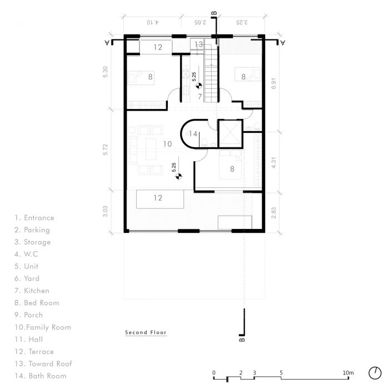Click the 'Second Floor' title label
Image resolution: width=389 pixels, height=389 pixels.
[146, 332]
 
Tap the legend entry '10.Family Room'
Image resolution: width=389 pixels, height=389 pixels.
[43, 327]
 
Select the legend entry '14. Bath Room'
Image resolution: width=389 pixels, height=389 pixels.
[41, 376]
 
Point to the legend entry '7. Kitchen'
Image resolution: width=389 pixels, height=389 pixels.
[32, 291]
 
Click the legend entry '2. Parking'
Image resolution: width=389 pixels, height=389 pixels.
[32, 230]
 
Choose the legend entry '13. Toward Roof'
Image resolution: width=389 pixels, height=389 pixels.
[43, 363]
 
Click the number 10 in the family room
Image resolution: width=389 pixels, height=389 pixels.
[167, 144]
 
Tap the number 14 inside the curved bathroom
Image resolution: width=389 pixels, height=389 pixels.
[193, 134]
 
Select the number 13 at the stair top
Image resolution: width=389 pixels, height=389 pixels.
[198, 44]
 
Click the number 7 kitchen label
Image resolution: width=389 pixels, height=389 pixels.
[200, 97]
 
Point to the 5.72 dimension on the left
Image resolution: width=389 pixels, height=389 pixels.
[106, 149]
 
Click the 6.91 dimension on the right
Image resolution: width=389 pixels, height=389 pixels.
[273, 83]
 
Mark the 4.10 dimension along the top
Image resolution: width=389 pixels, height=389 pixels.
[153, 22]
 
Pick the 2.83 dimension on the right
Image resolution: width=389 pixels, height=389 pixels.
[273, 213]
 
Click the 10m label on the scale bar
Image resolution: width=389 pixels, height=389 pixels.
[348, 373]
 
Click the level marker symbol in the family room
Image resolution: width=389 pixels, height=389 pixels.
[178, 176]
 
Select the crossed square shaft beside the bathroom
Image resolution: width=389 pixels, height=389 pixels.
[231, 134]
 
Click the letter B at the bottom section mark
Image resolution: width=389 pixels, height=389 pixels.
[242, 340]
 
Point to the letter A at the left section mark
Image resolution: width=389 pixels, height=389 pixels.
[107, 43]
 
